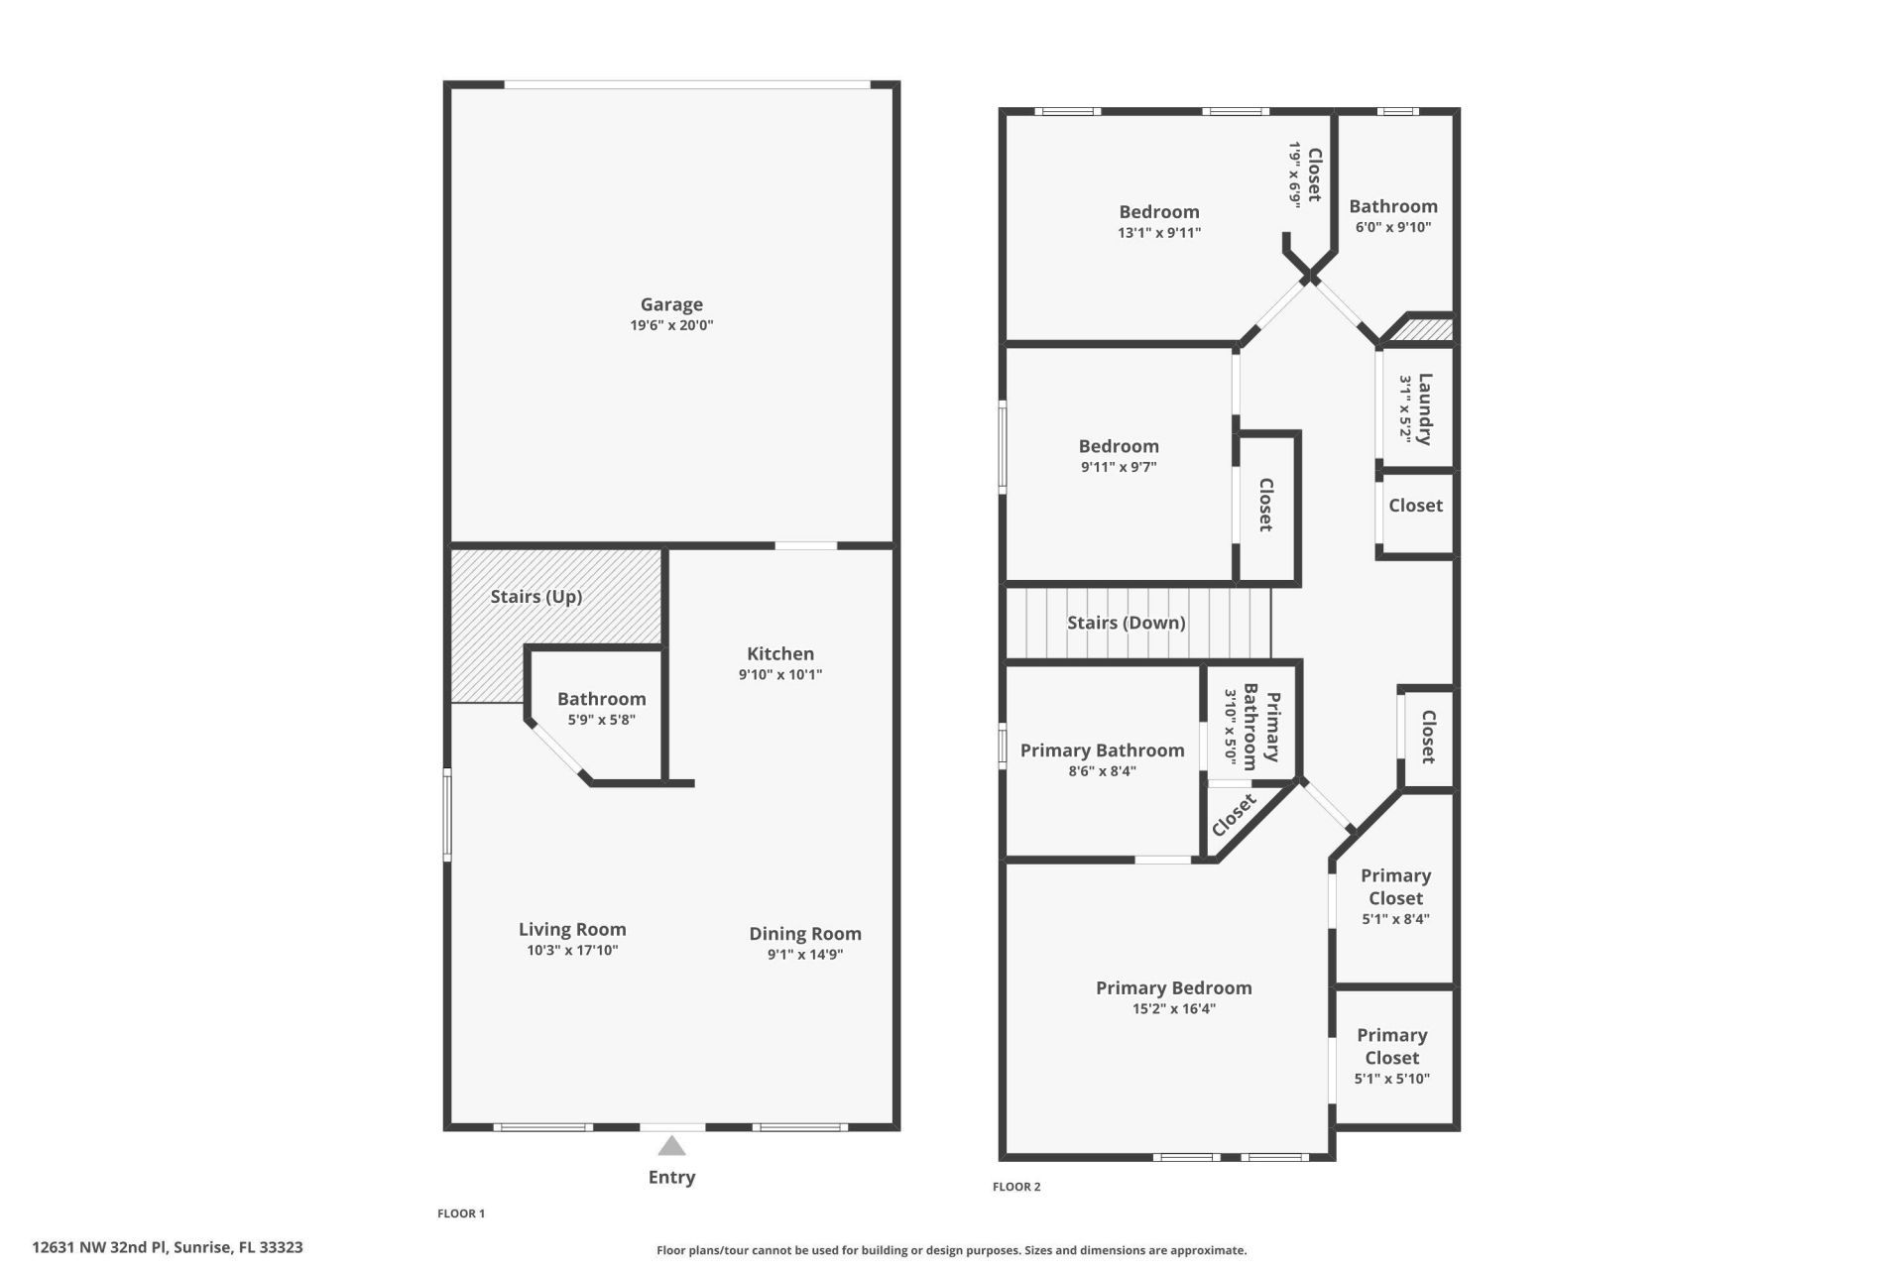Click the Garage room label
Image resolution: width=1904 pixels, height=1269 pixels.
point(671,304)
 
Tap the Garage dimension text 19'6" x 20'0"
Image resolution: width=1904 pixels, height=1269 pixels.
point(671,325)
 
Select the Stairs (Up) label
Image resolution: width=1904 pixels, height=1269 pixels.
point(535,597)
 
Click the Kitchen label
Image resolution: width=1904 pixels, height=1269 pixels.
point(780,653)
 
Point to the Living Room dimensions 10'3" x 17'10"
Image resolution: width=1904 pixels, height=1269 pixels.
point(572,951)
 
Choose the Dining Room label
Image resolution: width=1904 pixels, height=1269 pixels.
point(804,934)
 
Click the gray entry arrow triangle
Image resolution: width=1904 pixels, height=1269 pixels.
point(671,1147)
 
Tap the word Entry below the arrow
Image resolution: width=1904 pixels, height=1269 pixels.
point(671,1177)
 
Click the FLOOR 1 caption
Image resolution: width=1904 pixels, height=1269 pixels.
point(461,1213)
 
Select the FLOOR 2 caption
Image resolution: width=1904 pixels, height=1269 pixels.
point(1016,1187)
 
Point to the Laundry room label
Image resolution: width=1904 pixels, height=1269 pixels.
point(1425,408)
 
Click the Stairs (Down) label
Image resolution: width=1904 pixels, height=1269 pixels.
point(1126,623)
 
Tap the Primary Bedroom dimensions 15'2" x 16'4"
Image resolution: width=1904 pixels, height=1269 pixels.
point(1173,1009)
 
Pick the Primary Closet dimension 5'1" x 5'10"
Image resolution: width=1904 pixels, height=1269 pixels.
point(1391,1079)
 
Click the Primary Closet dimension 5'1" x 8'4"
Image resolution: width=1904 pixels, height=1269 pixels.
point(1395,919)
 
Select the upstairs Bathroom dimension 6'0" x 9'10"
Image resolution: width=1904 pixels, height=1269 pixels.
point(1392,227)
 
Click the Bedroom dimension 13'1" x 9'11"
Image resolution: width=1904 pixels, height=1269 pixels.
point(1158,233)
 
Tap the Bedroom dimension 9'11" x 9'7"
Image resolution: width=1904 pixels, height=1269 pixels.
point(1119,467)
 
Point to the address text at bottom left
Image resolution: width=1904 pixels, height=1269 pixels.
point(168,1247)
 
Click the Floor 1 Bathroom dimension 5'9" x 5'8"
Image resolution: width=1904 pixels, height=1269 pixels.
point(601,720)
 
